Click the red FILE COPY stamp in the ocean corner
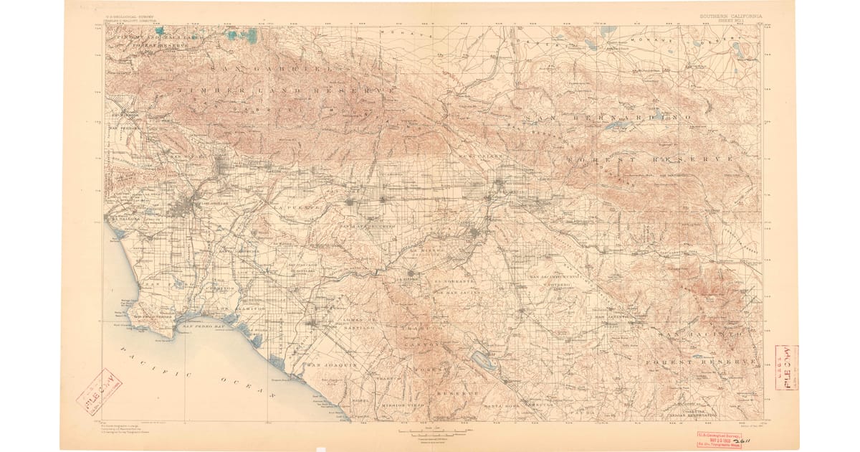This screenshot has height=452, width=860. pos(100,392)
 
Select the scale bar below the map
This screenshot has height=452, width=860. pos(436,430)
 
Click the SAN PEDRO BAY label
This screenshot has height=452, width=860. pos(206,327)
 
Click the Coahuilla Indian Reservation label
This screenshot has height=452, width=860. pos(689,413)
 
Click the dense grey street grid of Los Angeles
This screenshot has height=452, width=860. pos(185,207)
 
